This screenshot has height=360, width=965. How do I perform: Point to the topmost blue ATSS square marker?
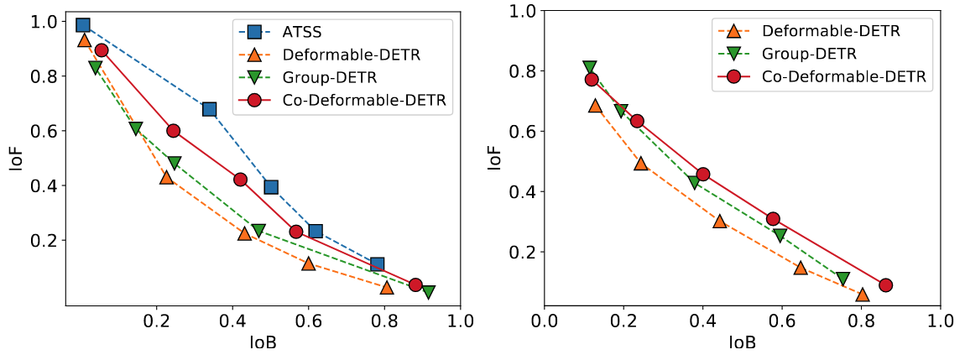[82, 25]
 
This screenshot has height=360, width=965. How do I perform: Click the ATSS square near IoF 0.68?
[210, 109]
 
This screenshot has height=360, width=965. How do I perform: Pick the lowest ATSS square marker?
[377, 264]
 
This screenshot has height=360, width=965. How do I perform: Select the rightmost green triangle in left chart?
[428, 292]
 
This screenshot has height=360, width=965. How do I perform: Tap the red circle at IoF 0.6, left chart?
[174, 131]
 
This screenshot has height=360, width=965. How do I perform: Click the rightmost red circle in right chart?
[885, 285]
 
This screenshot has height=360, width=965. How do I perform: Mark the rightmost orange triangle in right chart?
[863, 294]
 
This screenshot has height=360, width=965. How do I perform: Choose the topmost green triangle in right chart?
[590, 67]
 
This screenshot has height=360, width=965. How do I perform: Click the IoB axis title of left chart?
[262, 343]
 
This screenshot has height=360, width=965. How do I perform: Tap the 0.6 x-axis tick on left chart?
[308, 321]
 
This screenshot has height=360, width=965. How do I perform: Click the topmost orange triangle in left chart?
[84, 39]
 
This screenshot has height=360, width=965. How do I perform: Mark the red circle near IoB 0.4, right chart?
[703, 175]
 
